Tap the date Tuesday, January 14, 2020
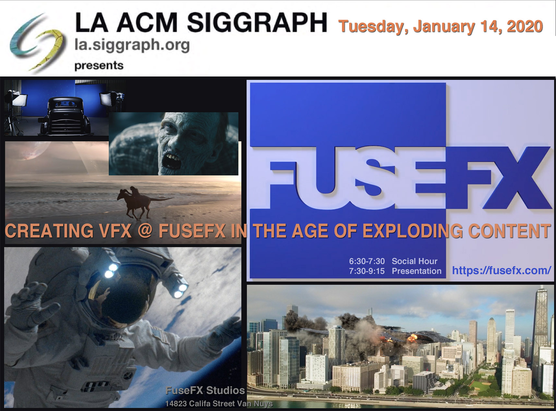pyautogui.click(x=441, y=27)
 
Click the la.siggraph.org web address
pyautogui.click(x=132, y=45)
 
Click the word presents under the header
pyautogui.click(x=99, y=65)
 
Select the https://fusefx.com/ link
pyautogui.click(x=502, y=270)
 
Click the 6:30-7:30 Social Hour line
pyautogui.click(x=393, y=261)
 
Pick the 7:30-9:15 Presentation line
pyautogui.click(x=395, y=271)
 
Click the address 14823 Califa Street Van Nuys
pyautogui.click(x=219, y=404)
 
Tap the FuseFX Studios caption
pyautogui.click(x=205, y=391)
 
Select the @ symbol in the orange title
pyautogui.click(x=145, y=231)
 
